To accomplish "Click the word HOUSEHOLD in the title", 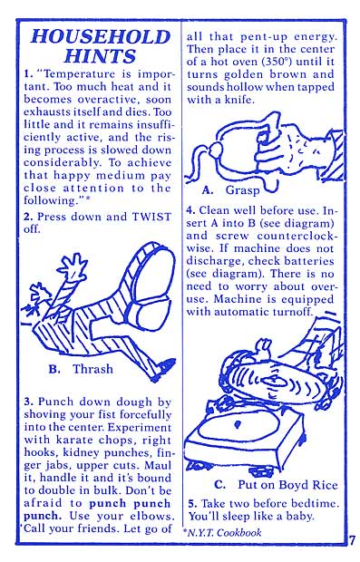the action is click(x=101, y=36).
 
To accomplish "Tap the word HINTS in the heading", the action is click(x=100, y=56).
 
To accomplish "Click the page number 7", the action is click(x=352, y=540).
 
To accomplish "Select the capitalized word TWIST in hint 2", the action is click(x=151, y=217).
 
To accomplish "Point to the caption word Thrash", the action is click(x=92, y=369).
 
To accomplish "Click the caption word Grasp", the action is click(x=242, y=190).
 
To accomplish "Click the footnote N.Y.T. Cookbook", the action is click(x=225, y=532).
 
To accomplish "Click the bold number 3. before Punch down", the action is click(x=29, y=402).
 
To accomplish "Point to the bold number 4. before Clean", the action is click(x=190, y=210).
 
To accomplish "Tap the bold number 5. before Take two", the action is click(x=192, y=504).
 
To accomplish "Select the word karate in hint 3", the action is click(x=73, y=440).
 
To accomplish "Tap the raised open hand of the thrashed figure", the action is click(x=73, y=266).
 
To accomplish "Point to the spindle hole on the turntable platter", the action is click(x=237, y=425).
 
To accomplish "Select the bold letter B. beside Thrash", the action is click(x=54, y=369).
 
